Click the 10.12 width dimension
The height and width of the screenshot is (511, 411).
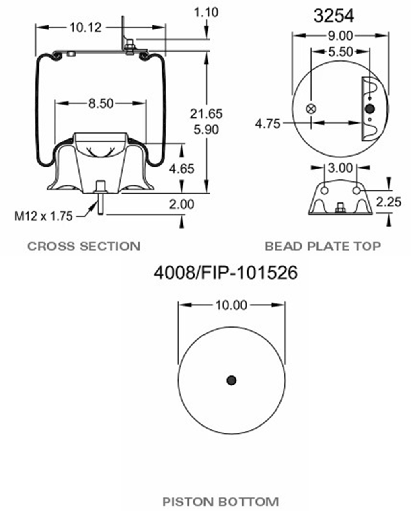click(85, 28)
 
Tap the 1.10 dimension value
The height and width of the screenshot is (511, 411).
click(206, 12)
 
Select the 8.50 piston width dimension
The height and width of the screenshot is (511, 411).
click(101, 104)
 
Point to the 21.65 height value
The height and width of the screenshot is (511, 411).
click(206, 114)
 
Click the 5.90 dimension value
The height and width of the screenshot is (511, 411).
click(206, 130)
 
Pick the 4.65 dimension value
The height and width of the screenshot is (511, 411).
click(181, 169)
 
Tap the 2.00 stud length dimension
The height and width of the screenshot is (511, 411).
click(181, 204)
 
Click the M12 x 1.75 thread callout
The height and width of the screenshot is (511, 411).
click(43, 216)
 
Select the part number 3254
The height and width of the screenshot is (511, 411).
click(334, 16)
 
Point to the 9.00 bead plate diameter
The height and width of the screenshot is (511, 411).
click(340, 36)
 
